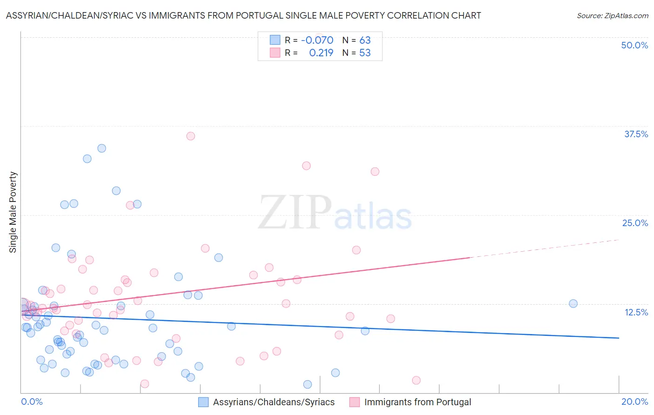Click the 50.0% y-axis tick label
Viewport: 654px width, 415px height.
(634, 45)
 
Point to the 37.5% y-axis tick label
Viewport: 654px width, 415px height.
(635, 134)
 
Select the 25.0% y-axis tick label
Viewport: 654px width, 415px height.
(634, 223)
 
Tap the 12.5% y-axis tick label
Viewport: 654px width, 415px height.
(635, 312)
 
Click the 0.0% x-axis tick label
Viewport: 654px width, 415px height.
(32, 402)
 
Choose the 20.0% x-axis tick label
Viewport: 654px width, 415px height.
(634, 402)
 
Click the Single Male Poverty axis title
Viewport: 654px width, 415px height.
(13, 212)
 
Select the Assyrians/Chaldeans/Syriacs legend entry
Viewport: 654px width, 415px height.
(274, 402)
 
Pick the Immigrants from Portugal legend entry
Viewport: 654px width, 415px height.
(417, 402)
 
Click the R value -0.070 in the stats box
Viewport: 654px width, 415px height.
(317, 40)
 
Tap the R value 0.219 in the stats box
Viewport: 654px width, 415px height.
(321, 53)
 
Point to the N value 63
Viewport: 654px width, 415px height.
(365, 40)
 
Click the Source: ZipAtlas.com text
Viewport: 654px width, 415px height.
(612, 16)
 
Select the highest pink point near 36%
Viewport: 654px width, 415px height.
(191, 136)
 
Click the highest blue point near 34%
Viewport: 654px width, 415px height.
(102, 148)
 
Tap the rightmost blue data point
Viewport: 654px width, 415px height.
(573, 304)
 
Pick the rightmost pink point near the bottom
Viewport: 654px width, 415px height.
(416, 381)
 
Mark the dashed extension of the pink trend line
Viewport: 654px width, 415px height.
(544, 249)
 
